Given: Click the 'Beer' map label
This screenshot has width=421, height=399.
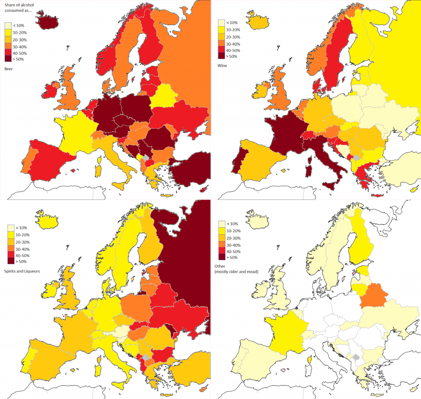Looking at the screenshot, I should tap(9, 69).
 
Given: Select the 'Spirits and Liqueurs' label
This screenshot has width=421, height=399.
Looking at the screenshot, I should tap(22, 271).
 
